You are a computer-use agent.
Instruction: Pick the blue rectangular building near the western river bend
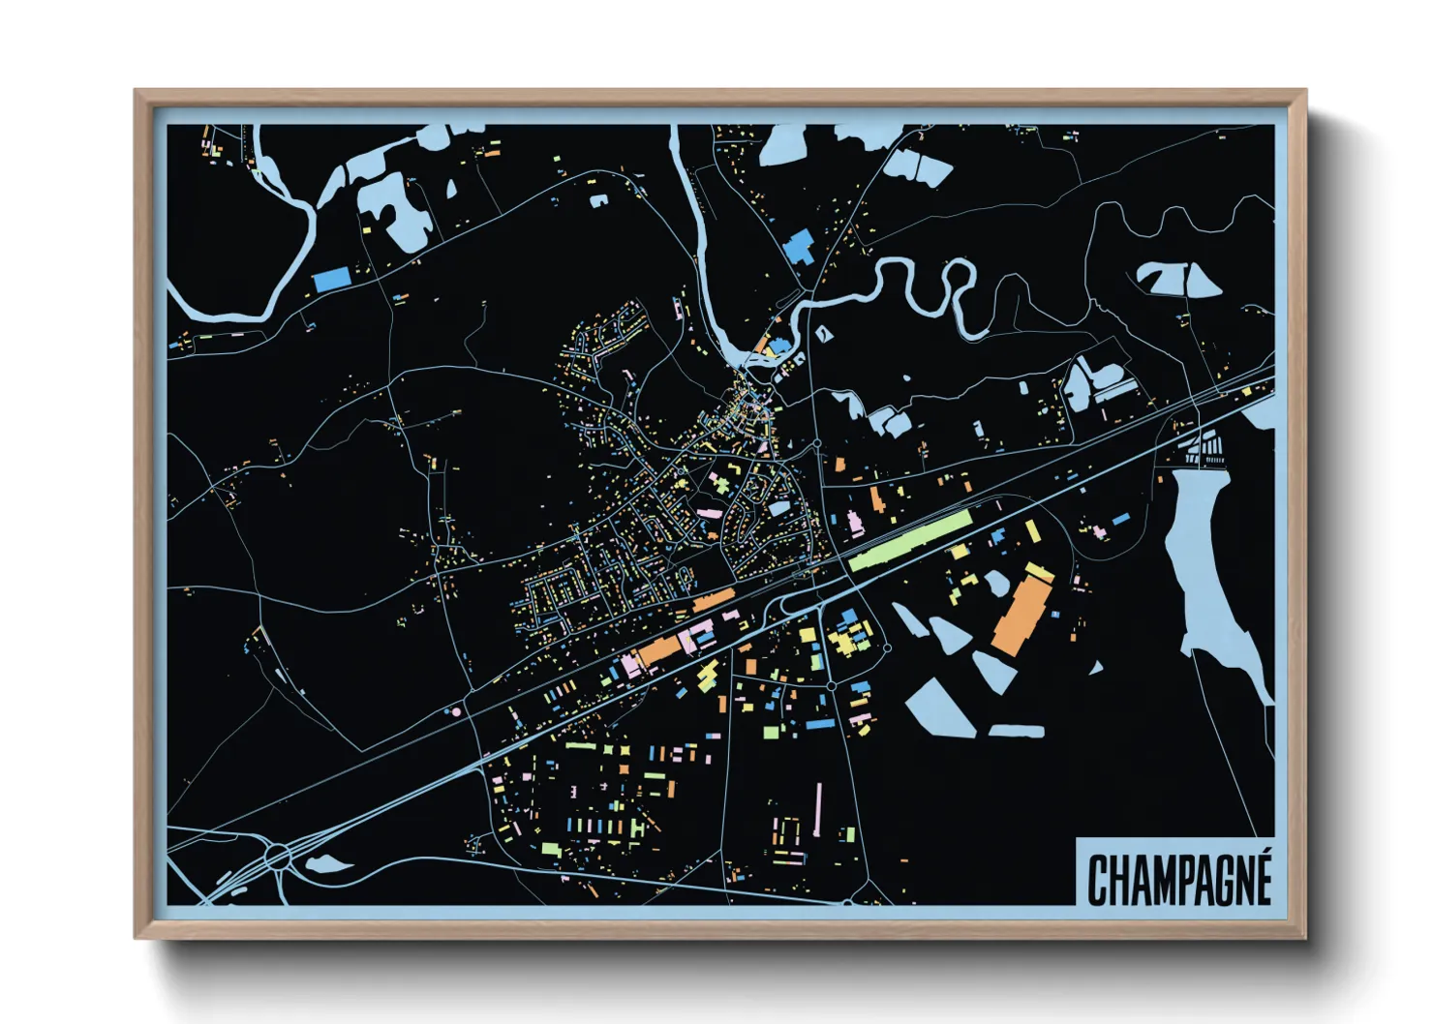coord(330,280)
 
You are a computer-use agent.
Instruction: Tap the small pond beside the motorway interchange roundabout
coord(328,864)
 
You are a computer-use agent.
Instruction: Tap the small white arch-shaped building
coord(598,200)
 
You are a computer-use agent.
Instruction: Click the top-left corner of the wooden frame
coord(137,91)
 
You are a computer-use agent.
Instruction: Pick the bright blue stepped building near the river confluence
coord(799,247)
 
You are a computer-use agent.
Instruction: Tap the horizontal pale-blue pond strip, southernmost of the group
coord(1016,731)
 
